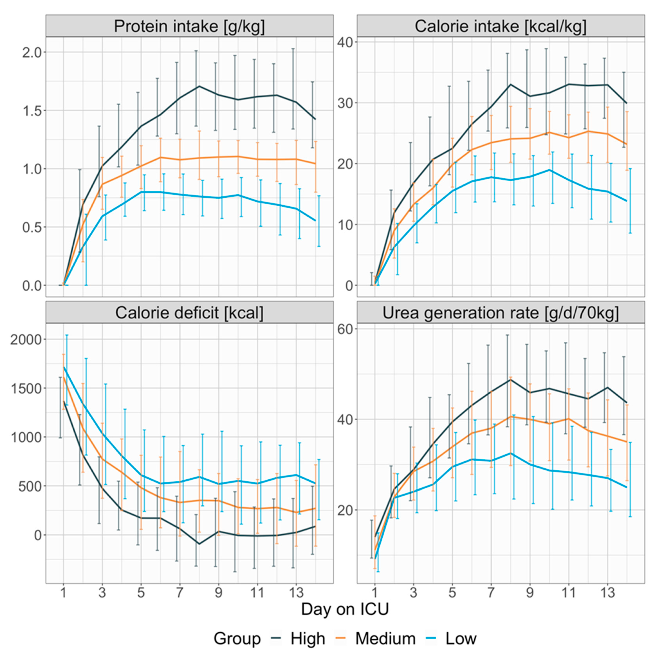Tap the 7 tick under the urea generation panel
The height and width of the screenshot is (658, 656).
[491, 593]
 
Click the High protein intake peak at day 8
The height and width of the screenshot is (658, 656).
[199, 86]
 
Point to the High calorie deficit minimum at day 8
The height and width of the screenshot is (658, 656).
[199, 544]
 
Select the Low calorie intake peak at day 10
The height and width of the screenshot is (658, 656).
[549, 170]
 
